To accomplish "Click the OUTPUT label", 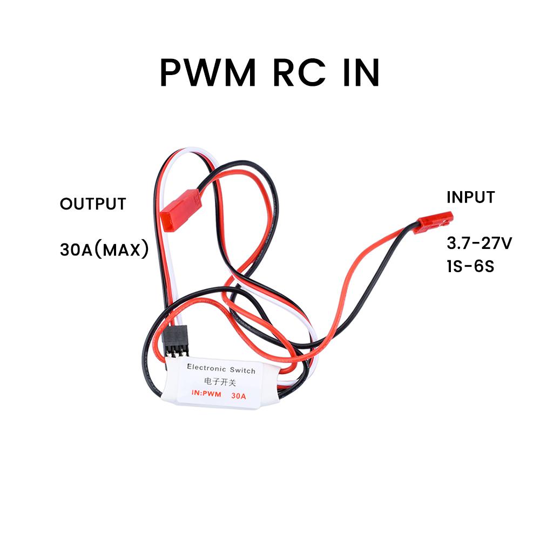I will tap(93, 204).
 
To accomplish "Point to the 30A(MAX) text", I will tap(104, 251).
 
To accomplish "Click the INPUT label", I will tap(470, 197).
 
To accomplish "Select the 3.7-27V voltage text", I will tap(479, 244).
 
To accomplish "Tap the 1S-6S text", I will tap(470, 267).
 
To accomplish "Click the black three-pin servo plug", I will tap(174, 342).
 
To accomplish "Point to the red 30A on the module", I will tap(238, 396).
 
